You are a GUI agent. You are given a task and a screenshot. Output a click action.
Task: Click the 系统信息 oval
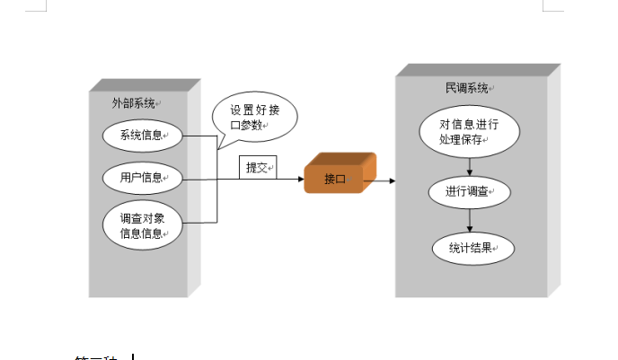tap(142, 136)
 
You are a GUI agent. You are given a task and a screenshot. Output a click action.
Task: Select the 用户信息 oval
tap(142, 178)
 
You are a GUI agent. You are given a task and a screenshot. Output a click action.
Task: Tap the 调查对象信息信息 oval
tap(142, 225)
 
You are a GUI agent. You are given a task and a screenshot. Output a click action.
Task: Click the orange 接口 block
tap(338, 176)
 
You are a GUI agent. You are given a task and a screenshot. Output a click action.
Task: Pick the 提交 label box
tap(258, 168)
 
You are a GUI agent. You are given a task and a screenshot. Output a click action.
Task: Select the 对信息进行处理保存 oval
tap(470, 132)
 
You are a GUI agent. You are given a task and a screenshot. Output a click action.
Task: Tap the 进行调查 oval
tap(469, 192)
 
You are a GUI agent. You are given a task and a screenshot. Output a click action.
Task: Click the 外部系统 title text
tap(134, 103)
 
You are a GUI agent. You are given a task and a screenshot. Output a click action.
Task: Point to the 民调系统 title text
tap(467, 89)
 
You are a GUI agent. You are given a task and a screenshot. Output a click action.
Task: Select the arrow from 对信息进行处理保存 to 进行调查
tap(470, 166)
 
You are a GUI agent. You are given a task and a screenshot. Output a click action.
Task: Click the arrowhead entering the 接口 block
tap(300, 180)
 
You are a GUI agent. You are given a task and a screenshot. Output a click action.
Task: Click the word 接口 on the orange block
tap(335, 180)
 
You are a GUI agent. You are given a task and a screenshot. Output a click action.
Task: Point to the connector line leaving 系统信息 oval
tap(200, 136)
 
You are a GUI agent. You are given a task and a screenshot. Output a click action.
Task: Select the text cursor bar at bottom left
tap(132, 356)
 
